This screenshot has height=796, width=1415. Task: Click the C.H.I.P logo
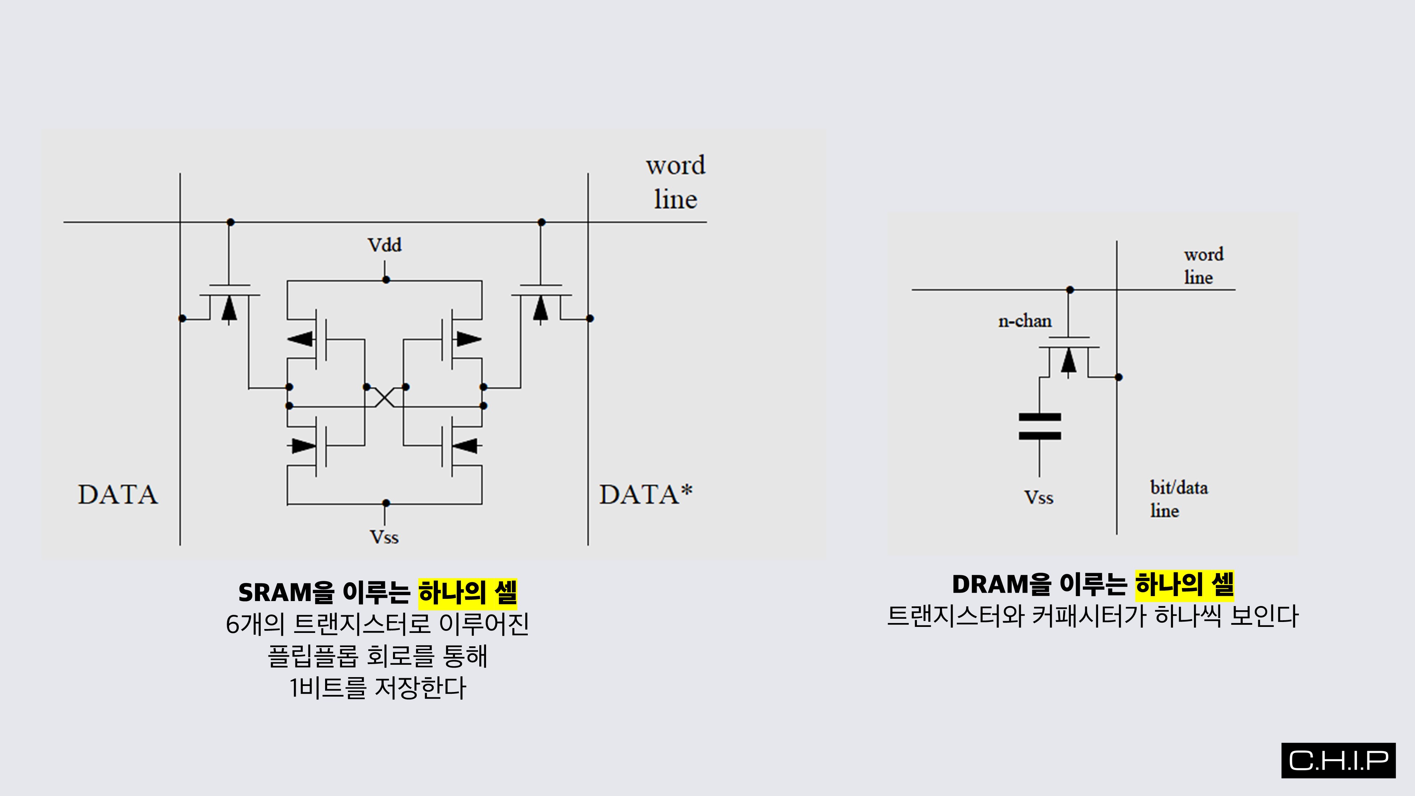click(1338, 760)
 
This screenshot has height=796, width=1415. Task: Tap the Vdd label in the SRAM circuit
click(385, 245)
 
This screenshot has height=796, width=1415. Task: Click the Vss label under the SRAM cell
click(384, 537)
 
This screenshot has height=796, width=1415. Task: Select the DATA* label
click(646, 495)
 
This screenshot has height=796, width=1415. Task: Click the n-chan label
click(1024, 321)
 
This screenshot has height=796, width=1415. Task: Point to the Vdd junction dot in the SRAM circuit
click(386, 279)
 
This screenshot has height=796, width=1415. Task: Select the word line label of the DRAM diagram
click(1203, 266)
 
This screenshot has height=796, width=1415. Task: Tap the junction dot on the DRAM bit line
click(1118, 377)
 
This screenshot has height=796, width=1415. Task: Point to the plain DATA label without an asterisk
click(117, 495)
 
